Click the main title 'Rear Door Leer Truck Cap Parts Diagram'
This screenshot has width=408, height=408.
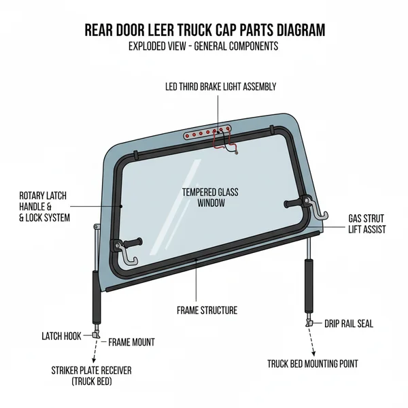pos(204,31)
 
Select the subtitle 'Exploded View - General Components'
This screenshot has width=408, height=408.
pos(204,46)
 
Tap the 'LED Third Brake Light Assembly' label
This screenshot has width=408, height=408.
pos(220,86)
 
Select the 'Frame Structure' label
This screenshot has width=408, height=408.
pos(207,310)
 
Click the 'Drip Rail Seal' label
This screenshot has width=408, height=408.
pos(348,324)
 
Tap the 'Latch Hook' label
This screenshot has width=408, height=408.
pos(62,336)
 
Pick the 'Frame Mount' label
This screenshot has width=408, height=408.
pos(131,342)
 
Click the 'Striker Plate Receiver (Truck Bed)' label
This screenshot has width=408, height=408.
pos(91,376)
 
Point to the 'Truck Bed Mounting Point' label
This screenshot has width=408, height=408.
pos(313,364)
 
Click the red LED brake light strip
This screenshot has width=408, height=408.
pos(210,134)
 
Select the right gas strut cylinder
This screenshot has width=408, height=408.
pos(309,286)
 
